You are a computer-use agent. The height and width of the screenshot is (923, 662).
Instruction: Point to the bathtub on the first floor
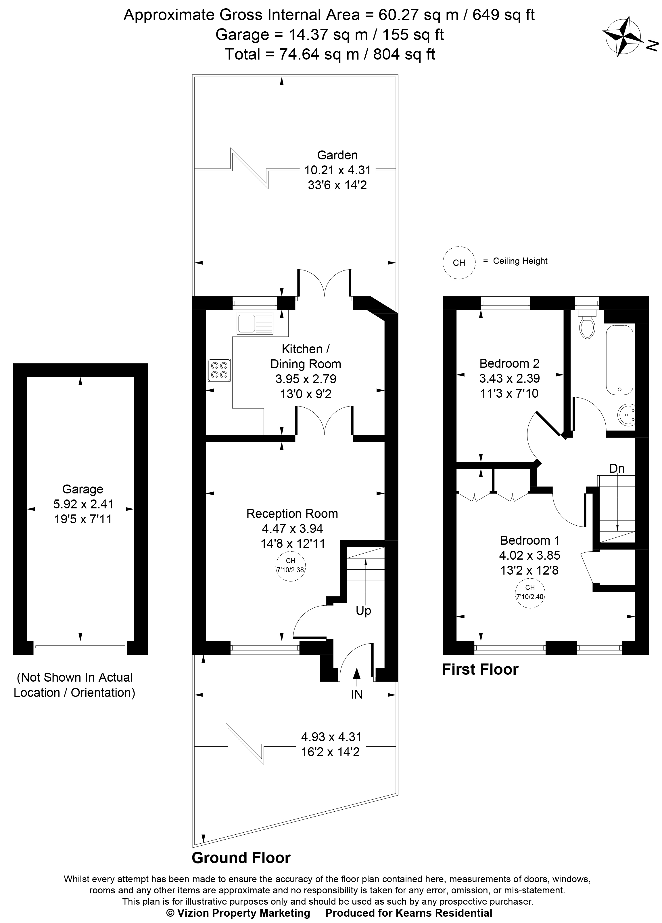point(619,360)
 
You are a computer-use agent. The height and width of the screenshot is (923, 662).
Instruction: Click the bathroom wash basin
point(626,415)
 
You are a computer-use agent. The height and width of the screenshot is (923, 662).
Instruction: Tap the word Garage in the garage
point(82,489)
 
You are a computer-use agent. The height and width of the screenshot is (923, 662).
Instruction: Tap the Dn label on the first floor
point(617,468)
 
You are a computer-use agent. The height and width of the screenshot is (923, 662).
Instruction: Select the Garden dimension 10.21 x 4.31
point(337,170)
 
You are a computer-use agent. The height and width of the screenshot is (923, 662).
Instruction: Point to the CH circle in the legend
point(459,262)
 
